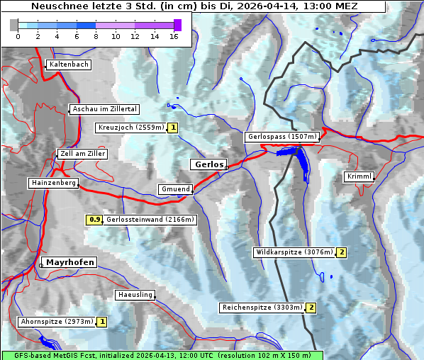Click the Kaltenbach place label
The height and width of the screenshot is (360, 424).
pos(69,64)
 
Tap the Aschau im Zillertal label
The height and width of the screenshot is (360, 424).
pos(104,109)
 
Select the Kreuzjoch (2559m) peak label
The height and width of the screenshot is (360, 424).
pos(130,128)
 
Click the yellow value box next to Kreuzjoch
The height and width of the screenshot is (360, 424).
pos(172,128)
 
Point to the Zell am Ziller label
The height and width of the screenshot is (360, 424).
pos(83,154)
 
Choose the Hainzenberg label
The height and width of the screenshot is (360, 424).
pos(52,183)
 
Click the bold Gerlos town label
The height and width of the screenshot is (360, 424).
pos(208,164)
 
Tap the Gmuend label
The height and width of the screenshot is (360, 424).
pos(174,189)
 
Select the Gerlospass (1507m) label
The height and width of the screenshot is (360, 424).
pos(281,137)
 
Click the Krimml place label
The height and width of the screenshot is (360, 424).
pos(359,176)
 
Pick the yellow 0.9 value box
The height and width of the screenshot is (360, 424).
pos(94,220)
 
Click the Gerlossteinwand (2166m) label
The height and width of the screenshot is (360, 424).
pos(150,220)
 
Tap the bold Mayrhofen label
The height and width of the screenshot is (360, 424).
pos(69,262)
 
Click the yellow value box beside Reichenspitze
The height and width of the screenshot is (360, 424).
pos(311,308)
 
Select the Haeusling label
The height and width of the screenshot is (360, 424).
pos(135,295)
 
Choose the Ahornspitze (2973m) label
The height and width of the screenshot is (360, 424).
pos(57,322)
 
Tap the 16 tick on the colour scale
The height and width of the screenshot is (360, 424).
pos(174,35)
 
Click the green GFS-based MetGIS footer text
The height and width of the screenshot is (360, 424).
pos(162,355)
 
